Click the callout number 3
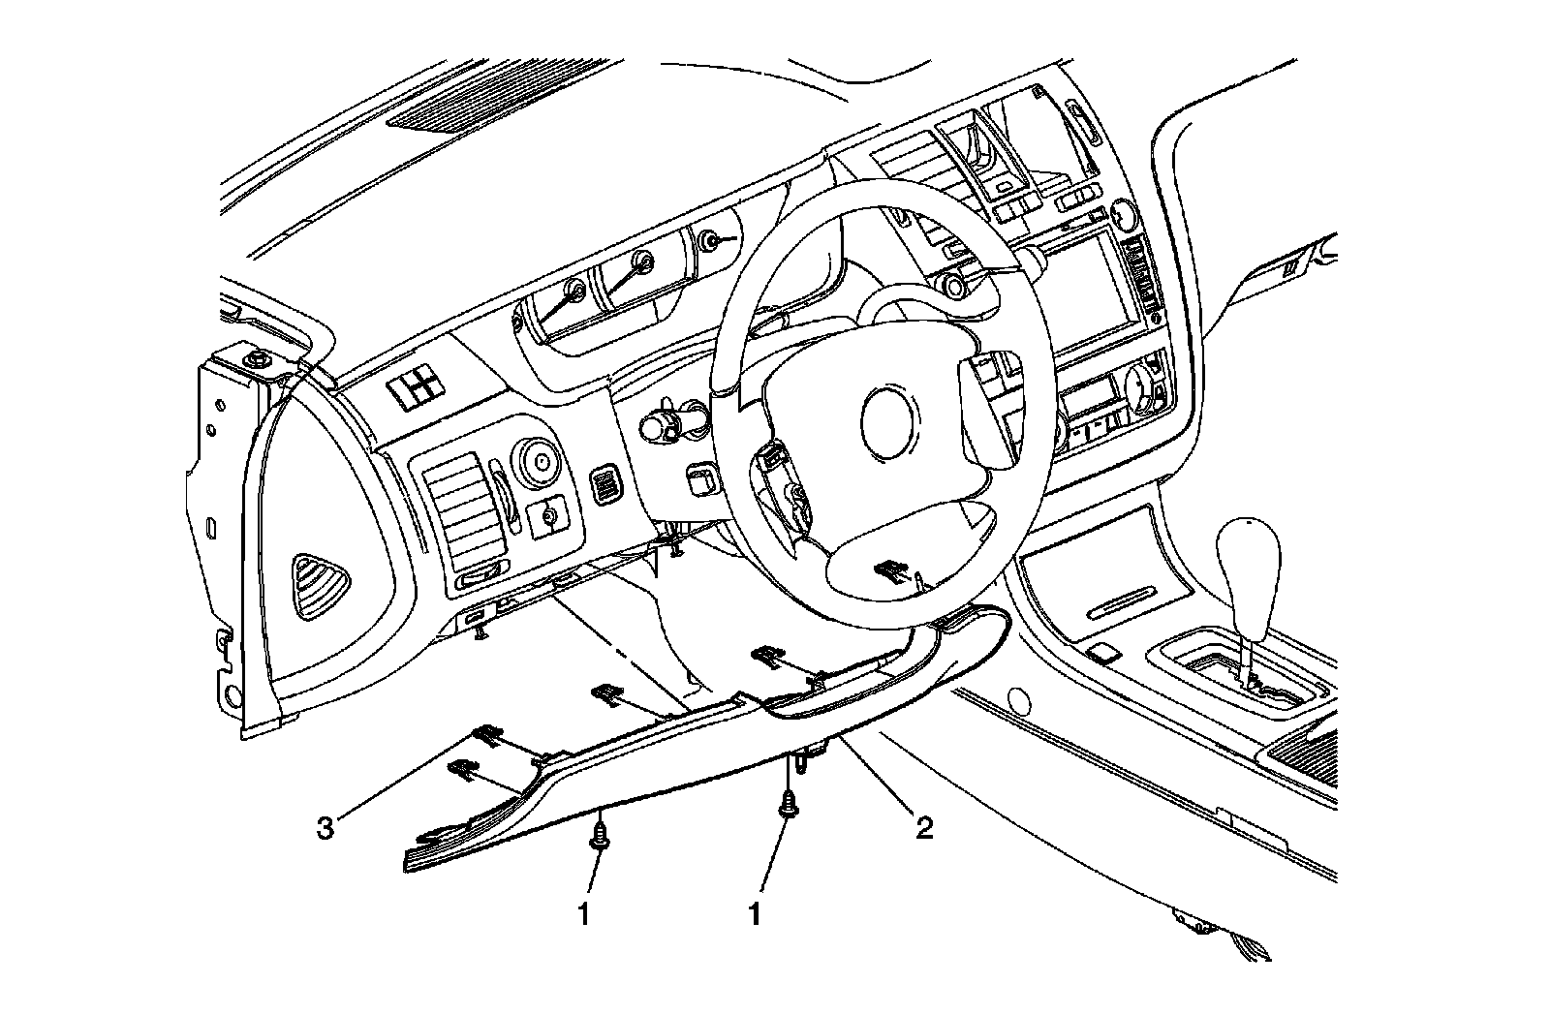coord(326,829)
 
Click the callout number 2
coord(924,828)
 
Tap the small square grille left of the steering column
coord(608,482)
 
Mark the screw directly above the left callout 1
coord(602,834)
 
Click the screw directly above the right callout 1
coord(788,804)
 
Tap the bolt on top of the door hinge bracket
coord(258,361)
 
